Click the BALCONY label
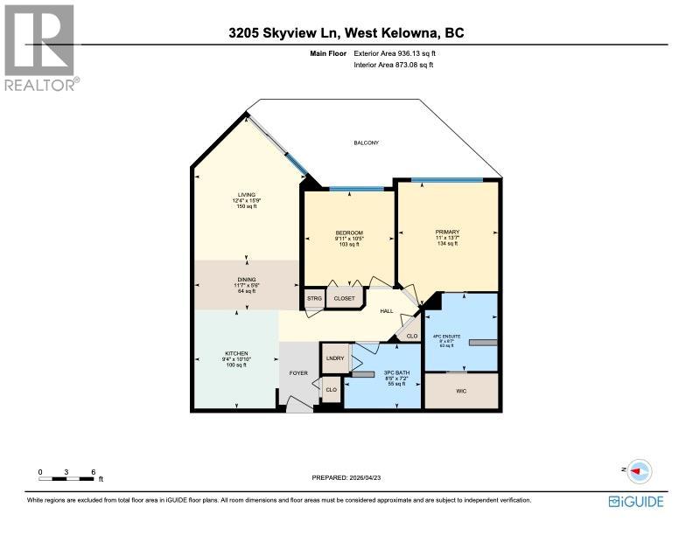click(366, 143)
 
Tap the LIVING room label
click(246, 194)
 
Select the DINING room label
click(246, 277)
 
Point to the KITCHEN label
click(236, 353)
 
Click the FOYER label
click(298, 373)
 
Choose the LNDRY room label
click(333, 358)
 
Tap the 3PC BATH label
click(383, 373)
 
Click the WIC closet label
click(461, 391)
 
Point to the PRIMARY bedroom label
click(447, 232)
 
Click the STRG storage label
click(314, 299)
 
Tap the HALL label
click(385, 310)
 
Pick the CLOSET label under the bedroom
click(344, 299)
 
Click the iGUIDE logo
click(636, 501)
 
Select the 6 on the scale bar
click(93, 472)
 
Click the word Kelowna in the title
click(411, 33)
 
